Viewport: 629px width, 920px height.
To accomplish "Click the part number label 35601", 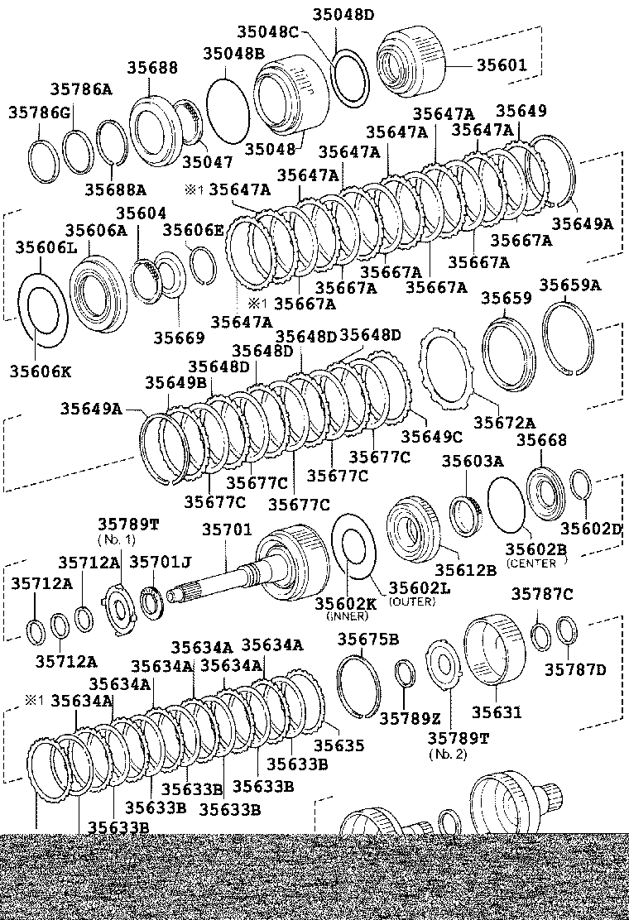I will [x=498, y=65].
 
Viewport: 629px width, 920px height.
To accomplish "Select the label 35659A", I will [x=571, y=285].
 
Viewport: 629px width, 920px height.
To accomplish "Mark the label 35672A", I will [x=504, y=423].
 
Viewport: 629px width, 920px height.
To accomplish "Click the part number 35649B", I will [x=176, y=382].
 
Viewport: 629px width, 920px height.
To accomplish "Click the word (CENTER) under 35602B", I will [x=536, y=563].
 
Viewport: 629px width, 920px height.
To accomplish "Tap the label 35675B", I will [x=368, y=639].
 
